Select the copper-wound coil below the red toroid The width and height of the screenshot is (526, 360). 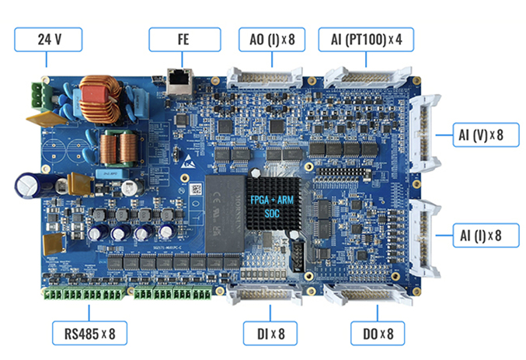pos(117,145)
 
